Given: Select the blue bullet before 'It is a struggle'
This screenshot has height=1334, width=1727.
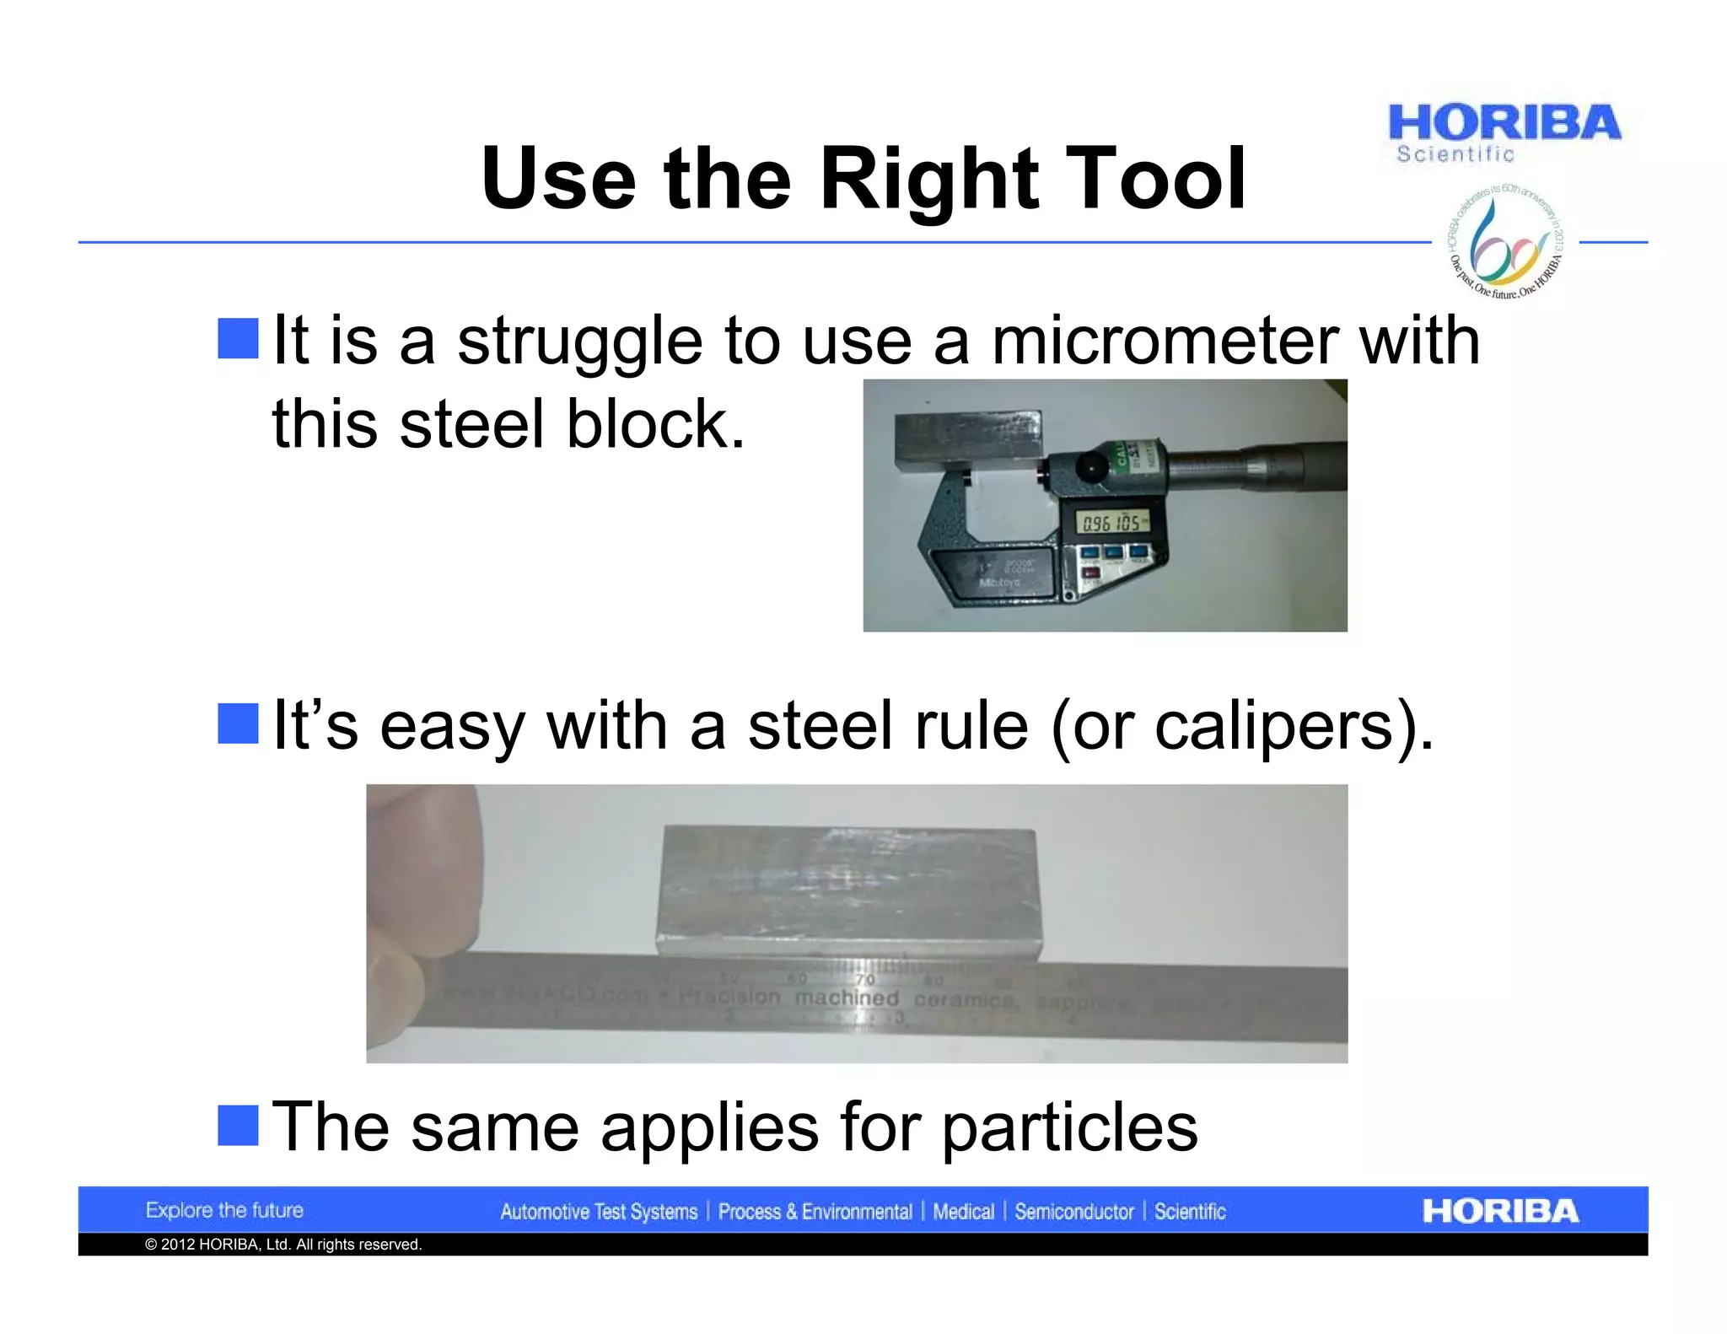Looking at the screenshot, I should [x=238, y=338].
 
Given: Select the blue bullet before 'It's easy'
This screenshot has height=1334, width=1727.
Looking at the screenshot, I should [x=238, y=723].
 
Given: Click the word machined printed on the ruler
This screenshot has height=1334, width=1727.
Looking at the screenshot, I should [x=847, y=998].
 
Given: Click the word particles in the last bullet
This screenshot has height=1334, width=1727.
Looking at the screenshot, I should [x=1068, y=1127].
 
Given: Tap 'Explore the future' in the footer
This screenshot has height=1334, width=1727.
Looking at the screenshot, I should [x=224, y=1211].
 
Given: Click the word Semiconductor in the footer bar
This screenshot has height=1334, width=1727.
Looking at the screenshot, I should [x=1073, y=1213].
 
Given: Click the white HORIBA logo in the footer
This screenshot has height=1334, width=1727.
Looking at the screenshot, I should [x=1499, y=1212].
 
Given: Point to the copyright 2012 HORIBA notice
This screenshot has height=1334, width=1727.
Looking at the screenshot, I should [x=283, y=1245].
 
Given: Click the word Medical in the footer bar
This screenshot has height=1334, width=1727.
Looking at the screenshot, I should [x=963, y=1213].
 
